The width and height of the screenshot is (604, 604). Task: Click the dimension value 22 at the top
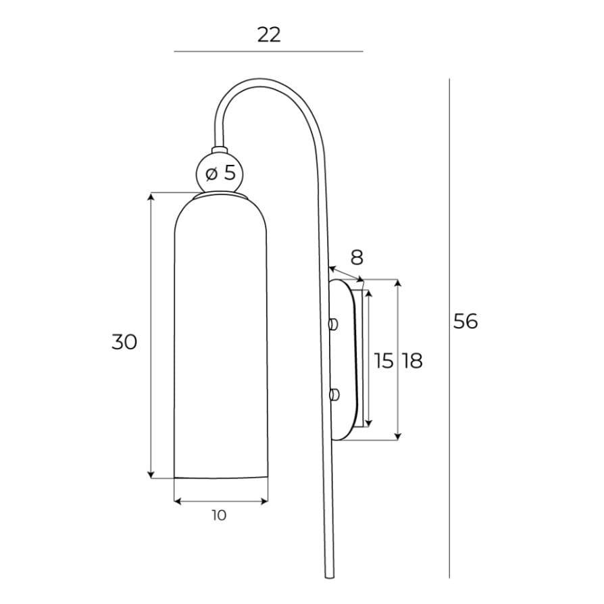pos(268,34)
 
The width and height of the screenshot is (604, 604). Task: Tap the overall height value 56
pos(465,321)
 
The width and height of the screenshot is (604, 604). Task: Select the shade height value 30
pos(124,342)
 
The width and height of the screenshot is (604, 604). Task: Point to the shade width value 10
pos(219,515)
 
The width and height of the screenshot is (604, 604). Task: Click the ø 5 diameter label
pos(221,174)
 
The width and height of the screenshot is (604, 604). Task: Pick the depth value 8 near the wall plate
pos(357,257)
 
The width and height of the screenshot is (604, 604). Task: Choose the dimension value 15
pos(384,361)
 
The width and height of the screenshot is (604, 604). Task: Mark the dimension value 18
pos(412,361)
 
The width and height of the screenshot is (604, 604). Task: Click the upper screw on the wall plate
pos(332,324)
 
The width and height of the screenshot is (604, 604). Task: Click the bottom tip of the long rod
pos(330,576)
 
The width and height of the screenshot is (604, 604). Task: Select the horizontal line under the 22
pos(268,51)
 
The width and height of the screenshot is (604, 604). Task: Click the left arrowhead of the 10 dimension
pos(178,501)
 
